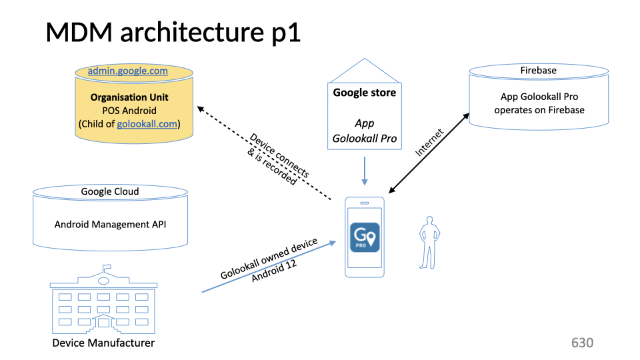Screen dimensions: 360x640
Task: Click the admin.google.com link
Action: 127,71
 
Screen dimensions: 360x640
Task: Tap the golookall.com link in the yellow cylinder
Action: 147,124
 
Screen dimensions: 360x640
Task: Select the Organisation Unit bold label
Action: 129,97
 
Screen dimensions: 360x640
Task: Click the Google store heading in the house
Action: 364,93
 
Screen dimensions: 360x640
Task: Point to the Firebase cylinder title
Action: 538,70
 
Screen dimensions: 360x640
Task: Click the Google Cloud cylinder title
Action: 110,191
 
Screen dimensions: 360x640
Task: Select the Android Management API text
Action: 110,224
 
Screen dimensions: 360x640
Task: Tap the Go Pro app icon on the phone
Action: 365,237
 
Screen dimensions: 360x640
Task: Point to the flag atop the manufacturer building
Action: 105,268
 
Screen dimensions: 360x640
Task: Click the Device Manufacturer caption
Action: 103,343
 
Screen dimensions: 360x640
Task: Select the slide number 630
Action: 582,343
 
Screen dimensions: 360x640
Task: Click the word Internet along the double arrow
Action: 429,142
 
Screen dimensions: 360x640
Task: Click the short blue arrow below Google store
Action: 364,171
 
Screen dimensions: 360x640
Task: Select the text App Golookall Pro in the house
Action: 364,131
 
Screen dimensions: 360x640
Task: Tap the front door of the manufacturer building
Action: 104,323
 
